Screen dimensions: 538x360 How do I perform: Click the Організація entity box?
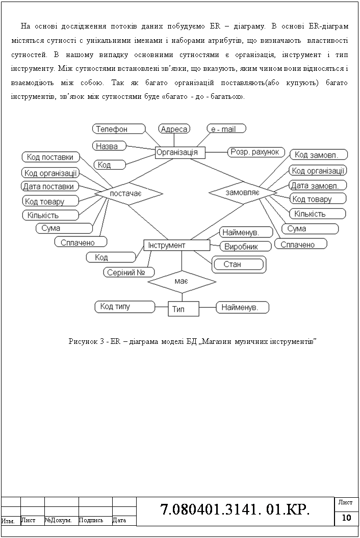[x=180, y=152]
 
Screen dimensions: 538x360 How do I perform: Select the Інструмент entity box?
[x=176, y=246]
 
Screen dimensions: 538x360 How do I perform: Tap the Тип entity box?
[x=184, y=309]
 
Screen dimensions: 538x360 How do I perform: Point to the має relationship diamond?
[x=182, y=281]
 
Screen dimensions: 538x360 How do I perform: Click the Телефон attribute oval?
[x=117, y=129]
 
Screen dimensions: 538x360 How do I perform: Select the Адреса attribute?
[x=174, y=129]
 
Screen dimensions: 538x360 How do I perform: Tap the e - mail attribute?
[x=226, y=129]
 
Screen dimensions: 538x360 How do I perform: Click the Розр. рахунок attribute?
[x=254, y=152]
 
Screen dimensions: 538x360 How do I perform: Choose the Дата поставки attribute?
[x=51, y=186]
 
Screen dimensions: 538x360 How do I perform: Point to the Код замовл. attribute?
[x=318, y=154]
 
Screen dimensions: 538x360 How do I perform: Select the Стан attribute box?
[x=239, y=264]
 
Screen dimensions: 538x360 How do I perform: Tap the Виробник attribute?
[x=241, y=247]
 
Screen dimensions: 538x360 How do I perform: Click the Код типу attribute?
[x=124, y=307]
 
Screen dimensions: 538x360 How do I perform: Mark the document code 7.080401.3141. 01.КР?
[x=235, y=509]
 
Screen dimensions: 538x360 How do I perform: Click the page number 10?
[x=347, y=518]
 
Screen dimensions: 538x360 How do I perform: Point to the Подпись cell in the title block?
[x=95, y=520]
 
